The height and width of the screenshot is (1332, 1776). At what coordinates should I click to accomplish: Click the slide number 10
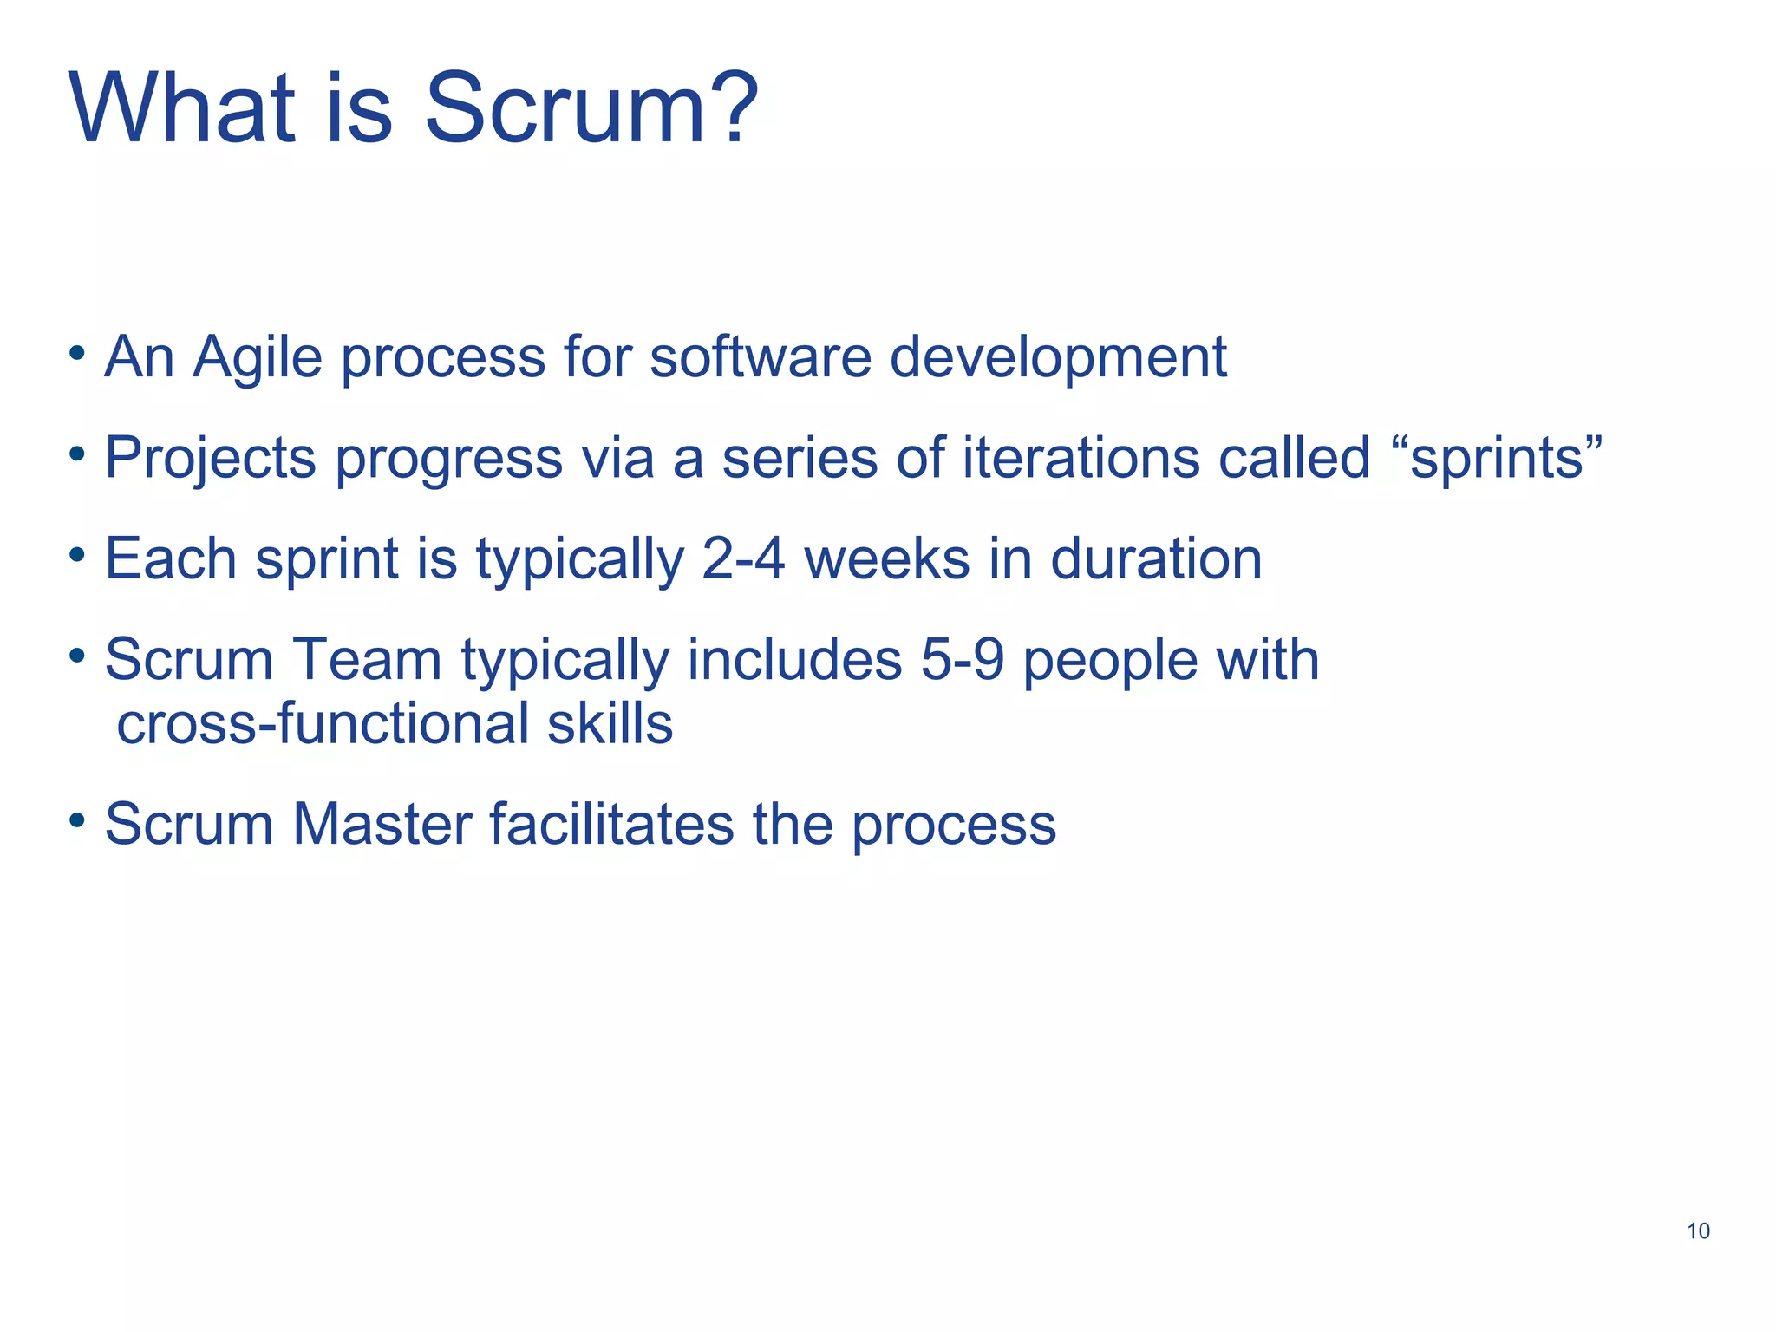pos(1698,1231)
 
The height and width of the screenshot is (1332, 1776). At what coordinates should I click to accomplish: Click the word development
pos(1058,358)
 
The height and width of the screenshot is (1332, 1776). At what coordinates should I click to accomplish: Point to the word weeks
pos(887,559)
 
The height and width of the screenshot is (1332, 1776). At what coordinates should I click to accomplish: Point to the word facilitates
pos(611,824)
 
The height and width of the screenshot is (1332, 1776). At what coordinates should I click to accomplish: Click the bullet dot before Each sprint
pos(77,553)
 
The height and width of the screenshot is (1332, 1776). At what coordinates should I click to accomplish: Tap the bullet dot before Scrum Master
pos(77,819)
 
